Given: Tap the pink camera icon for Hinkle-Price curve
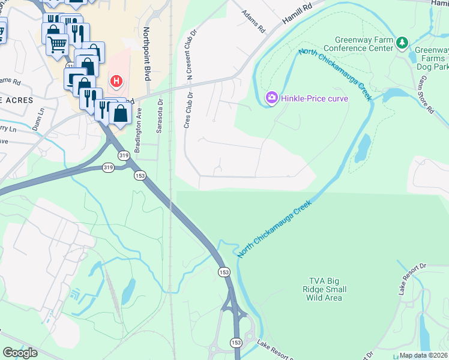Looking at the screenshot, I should (x=271, y=97).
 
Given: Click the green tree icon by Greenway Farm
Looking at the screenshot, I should (x=402, y=43).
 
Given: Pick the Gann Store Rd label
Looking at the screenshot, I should (x=427, y=95).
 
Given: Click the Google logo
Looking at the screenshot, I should (x=20, y=352).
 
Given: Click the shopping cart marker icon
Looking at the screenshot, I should (x=57, y=43).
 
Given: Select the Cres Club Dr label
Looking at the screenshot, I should (x=189, y=108).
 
